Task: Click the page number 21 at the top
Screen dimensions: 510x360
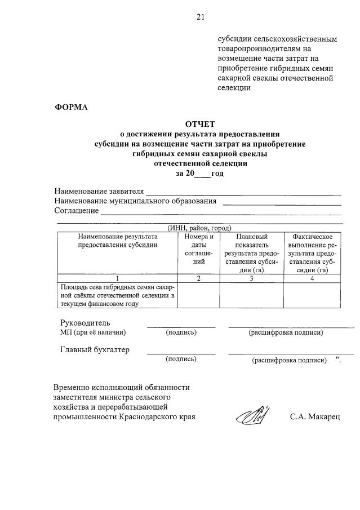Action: pos(201,17)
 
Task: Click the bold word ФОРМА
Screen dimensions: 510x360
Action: pos(71,108)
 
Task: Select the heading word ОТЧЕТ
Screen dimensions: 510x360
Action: pos(200,124)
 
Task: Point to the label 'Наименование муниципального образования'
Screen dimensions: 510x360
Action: pos(135,201)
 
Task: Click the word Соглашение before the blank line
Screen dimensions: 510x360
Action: pos(76,211)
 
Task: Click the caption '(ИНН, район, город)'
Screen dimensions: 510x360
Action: pos(200,228)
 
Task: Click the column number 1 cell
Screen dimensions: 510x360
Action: pos(117,278)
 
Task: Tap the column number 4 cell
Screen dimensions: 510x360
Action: pos(312,278)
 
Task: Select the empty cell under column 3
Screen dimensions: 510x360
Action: pos(251,295)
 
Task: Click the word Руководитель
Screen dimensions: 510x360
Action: pos(85,323)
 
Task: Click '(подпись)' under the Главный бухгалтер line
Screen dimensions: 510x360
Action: pos(181,359)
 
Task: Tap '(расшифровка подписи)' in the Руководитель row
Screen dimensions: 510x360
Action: pos(286,332)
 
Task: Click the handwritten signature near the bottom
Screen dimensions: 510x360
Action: pos(252,418)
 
